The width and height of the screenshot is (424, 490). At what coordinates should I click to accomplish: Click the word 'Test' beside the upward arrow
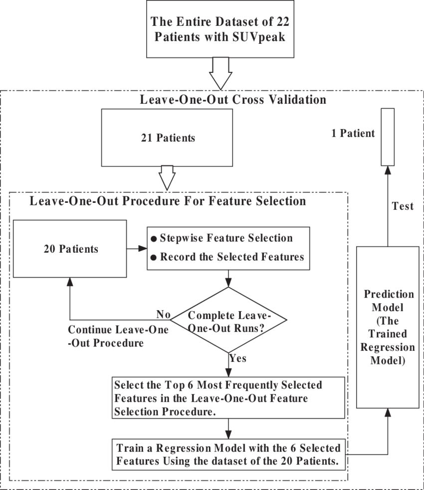(x=403, y=206)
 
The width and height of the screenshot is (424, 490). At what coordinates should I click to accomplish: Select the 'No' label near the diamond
(x=163, y=315)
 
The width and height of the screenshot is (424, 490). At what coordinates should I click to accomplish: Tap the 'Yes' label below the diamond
(x=237, y=358)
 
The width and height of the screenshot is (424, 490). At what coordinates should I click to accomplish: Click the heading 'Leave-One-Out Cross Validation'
(x=233, y=100)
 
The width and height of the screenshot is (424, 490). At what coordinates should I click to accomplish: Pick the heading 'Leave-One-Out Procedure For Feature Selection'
(x=168, y=201)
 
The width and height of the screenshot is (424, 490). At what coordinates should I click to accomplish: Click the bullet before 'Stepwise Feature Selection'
(x=154, y=238)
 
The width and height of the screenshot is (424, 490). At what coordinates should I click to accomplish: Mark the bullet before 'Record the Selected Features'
(x=154, y=257)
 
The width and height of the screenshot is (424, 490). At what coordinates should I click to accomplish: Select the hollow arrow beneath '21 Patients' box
(x=167, y=176)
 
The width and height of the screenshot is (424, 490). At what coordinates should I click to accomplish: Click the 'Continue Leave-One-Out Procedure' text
(x=118, y=336)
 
